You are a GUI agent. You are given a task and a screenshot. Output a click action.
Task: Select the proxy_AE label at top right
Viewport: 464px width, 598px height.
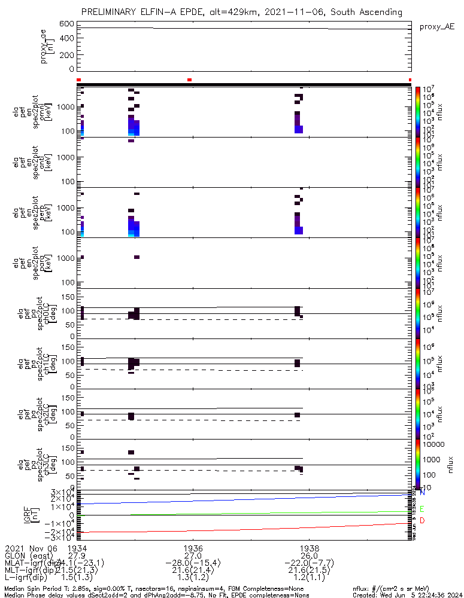tap(437, 27)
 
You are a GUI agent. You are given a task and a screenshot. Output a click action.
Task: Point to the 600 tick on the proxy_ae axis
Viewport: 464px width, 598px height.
tap(66, 24)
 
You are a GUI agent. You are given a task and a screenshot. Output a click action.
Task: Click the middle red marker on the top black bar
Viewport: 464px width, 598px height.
tap(190, 80)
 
